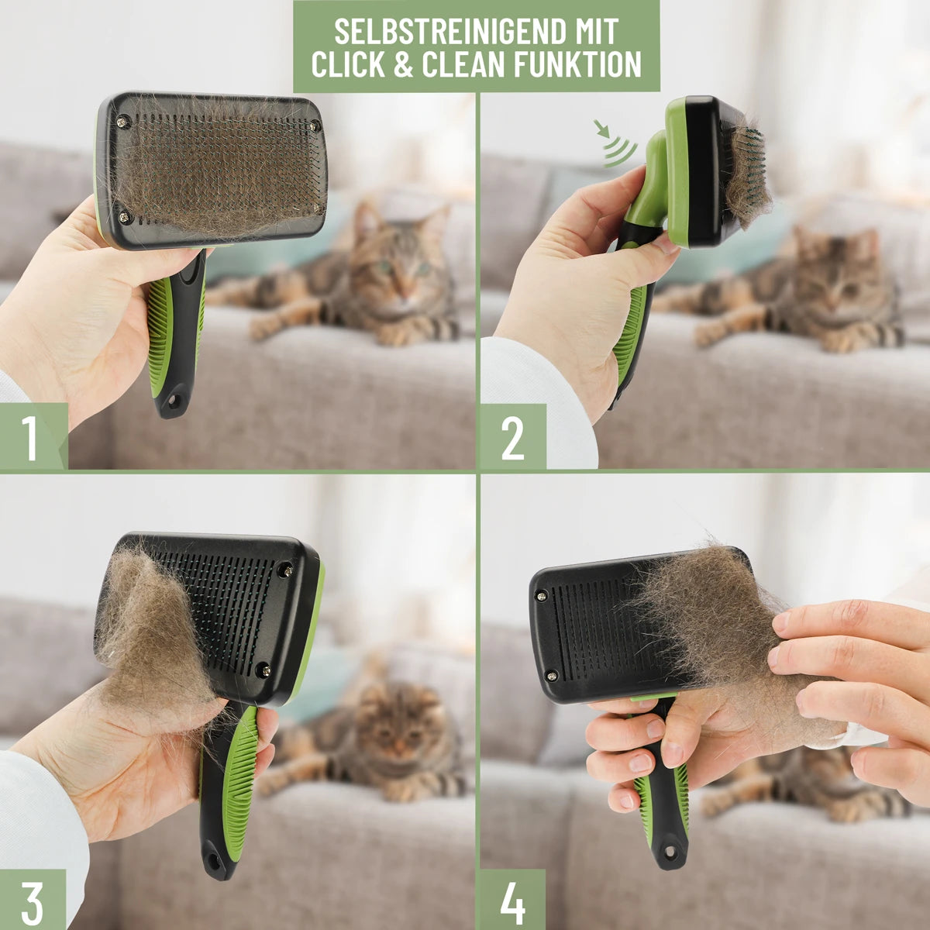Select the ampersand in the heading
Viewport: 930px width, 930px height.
point(403,64)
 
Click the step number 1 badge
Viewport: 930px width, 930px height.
point(33,436)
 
